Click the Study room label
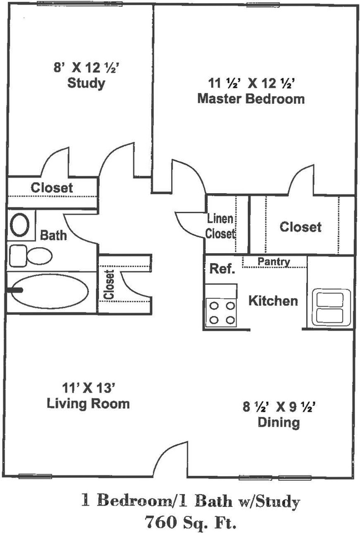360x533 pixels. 86,83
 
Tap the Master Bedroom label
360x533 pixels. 251,99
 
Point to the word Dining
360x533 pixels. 279,423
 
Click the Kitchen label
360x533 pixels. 273,300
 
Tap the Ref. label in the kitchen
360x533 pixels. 222,269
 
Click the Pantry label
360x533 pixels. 274,262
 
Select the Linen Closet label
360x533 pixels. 221,226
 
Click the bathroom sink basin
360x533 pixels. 20,224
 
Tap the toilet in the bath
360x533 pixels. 31,256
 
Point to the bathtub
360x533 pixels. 50,291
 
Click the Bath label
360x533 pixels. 53,235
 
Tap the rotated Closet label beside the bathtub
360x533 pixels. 109,284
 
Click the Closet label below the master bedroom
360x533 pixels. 301,227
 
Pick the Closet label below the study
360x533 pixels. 52,188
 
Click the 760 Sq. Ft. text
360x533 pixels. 190,522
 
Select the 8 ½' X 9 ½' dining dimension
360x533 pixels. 279,406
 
